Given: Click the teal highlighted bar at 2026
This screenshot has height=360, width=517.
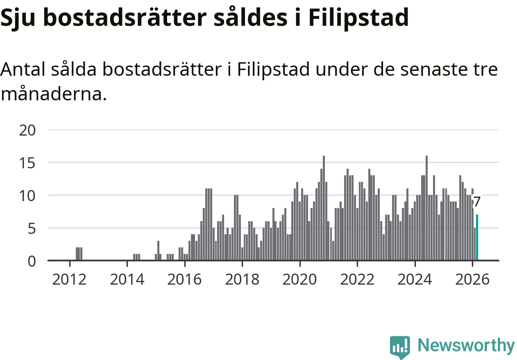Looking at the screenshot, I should pos(477,238).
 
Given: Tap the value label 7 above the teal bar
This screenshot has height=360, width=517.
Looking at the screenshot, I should pos(476,202).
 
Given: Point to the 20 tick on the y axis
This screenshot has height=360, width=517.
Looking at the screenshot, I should pos(28,130).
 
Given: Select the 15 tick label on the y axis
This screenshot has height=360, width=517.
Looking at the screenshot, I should pos(28,163).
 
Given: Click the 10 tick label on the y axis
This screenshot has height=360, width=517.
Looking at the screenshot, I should pos(28,196).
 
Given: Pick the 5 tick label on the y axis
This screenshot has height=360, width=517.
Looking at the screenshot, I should pos(32,229).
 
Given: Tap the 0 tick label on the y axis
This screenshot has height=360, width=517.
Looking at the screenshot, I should pos(32,261).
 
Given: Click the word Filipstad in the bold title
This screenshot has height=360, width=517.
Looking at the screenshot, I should pos(358,18).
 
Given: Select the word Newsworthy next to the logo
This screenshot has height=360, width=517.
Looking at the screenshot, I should pos(466,346).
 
